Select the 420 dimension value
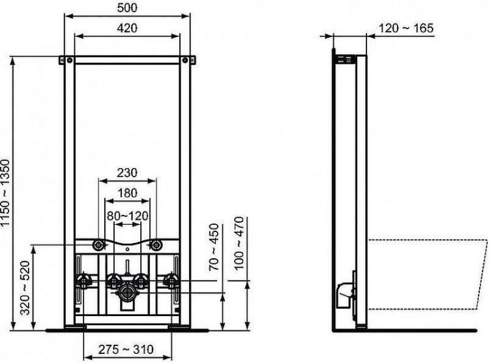pyautogui.click(x=128, y=28)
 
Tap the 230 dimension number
pyautogui.click(x=127, y=174)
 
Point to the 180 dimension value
pyautogui.click(x=127, y=192)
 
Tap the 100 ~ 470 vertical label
pyautogui.click(x=239, y=244)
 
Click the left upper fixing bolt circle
pyautogui.click(x=99, y=245)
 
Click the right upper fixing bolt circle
pyautogui.click(x=156, y=245)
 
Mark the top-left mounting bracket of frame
pyautogui.click(x=66, y=60)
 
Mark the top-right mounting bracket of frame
pyautogui.click(x=190, y=60)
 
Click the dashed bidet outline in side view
pyautogui.click(x=427, y=274)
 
